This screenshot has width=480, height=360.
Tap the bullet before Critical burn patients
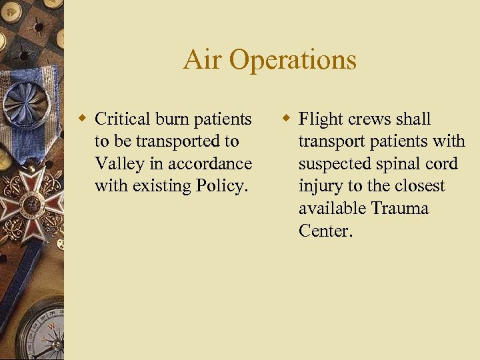click(83, 119)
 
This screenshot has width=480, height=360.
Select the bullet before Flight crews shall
click(286, 119)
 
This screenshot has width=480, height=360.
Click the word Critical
click(123, 119)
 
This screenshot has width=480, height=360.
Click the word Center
click(325, 231)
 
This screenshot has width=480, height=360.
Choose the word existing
click(161, 186)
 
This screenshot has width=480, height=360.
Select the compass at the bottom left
click(44, 333)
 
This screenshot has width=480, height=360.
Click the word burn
click(172, 119)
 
